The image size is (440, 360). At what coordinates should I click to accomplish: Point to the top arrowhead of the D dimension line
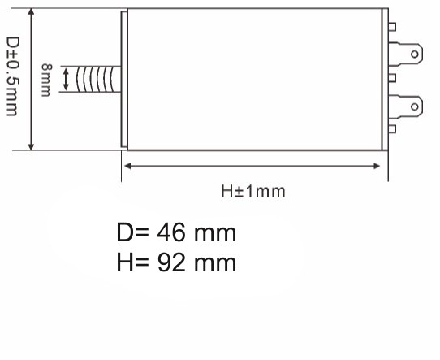pos(32,14)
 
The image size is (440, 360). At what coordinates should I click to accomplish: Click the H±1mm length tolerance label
pos(253,191)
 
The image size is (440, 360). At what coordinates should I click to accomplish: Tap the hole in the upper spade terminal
pos(415,54)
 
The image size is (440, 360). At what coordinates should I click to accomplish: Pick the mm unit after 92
pos(214,262)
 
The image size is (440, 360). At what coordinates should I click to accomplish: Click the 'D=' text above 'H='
pos(133,234)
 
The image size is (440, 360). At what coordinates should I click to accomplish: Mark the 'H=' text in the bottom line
pos(133,262)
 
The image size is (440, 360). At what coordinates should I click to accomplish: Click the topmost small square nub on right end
pos(393,28)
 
